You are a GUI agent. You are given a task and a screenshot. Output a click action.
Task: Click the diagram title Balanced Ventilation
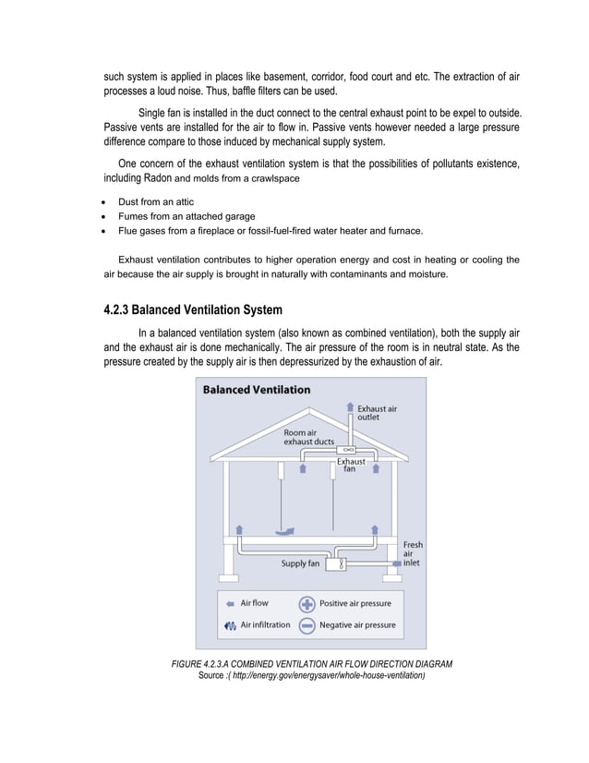click(256, 390)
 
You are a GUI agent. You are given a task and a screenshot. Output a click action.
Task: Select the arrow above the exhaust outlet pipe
click(349, 406)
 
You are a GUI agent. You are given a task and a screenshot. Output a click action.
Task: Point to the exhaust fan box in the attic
click(349, 449)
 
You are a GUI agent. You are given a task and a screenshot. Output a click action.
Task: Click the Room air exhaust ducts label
click(308, 437)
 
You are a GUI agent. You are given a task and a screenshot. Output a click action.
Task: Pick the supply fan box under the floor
click(342, 563)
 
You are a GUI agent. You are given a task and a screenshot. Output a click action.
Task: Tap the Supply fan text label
click(300, 563)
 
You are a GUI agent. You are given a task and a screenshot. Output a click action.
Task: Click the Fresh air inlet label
click(413, 553)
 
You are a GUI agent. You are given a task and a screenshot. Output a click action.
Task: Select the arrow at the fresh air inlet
click(397, 563)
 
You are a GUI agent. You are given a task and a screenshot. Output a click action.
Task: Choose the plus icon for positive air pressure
click(307, 604)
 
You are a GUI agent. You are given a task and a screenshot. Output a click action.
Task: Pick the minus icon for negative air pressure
click(307, 625)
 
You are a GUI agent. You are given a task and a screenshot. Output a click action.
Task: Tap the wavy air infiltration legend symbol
click(229, 625)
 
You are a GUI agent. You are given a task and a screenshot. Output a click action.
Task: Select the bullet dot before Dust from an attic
click(107, 202)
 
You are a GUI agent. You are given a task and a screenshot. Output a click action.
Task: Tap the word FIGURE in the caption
click(190, 664)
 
